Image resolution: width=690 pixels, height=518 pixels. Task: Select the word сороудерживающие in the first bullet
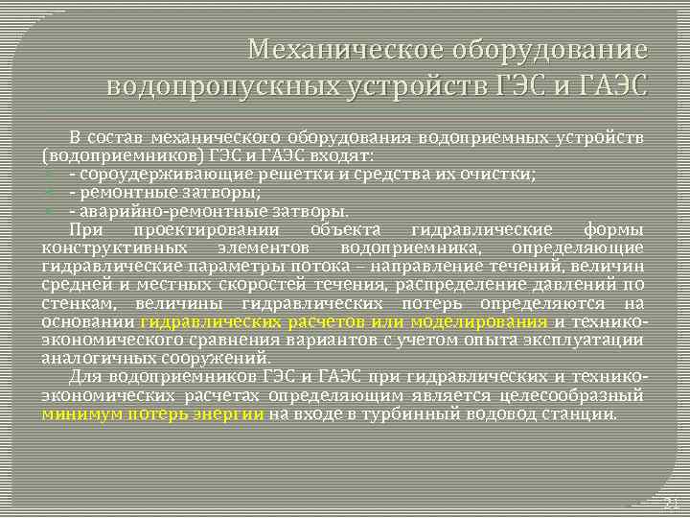pos(155,174)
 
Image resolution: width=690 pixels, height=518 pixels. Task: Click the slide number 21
pos(671,505)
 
